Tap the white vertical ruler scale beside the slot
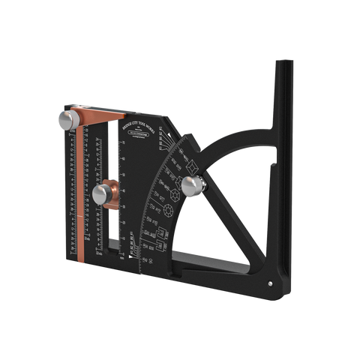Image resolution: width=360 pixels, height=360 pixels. click(x=123, y=187)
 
